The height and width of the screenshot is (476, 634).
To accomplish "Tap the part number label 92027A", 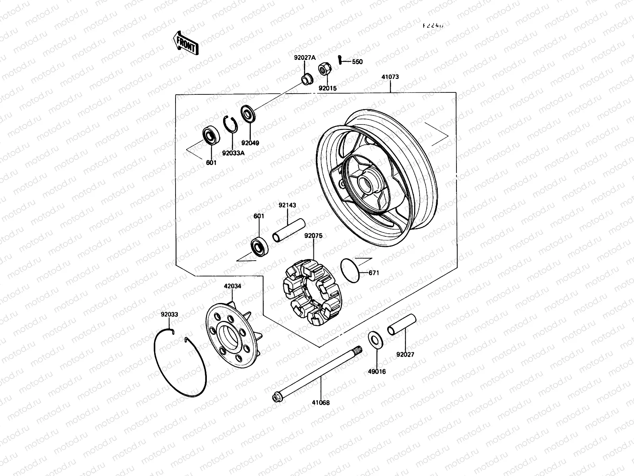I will point(305,58).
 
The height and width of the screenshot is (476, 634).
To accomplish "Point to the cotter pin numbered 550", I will point(340,60).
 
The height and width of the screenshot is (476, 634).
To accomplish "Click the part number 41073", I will point(390,77).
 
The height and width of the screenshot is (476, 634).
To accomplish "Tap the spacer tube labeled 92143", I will point(288,230).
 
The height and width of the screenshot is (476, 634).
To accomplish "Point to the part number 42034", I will point(232,286).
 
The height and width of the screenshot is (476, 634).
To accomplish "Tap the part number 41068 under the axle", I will point(321,403).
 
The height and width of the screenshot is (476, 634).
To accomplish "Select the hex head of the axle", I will point(276,397).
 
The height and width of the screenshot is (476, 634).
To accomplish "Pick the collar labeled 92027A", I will point(306,80).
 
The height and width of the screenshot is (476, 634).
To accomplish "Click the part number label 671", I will point(374,273).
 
